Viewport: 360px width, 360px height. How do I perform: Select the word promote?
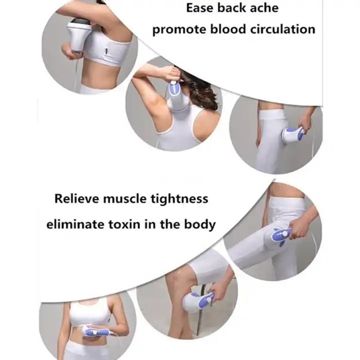coord(176,30)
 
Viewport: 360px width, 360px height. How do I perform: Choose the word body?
coord(200,225)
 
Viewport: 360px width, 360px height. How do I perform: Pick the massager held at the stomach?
coord(95,332)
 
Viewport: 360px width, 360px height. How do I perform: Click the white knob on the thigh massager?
coord(285,234)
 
